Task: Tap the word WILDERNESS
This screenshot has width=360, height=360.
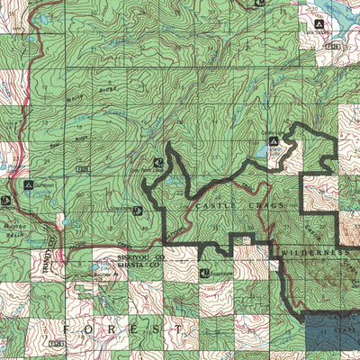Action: click(x=313, y=255)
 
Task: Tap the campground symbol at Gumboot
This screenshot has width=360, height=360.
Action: click(x=28, y=186)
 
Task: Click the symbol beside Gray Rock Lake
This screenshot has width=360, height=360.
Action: click(x=158, y=163)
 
